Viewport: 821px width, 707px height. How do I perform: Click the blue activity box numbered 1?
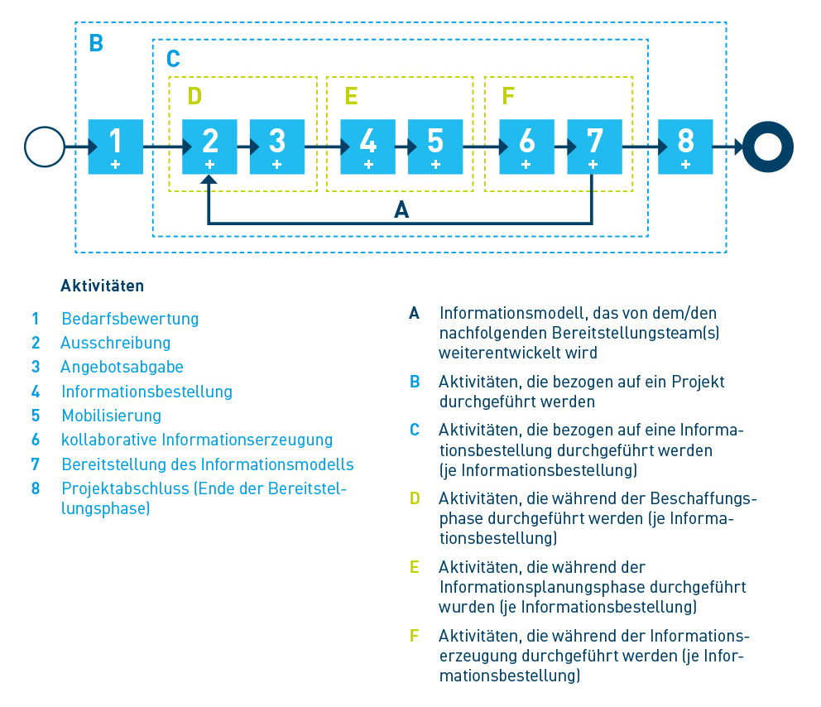click(115, 146)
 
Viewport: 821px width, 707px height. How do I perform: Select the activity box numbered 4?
click(367, 146)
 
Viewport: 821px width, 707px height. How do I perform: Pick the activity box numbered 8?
click(685, 146)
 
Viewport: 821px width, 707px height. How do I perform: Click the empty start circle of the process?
click(45, 147)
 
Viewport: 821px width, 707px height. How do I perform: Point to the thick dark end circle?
click(767, 147)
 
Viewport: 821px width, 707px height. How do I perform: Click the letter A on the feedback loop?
click(401, 210)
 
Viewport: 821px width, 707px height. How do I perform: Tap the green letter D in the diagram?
click(194, 96)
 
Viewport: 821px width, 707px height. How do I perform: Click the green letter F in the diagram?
click(507, 96)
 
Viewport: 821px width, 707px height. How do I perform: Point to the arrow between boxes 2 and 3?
click(243, 147)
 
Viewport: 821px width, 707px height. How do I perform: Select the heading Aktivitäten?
click(102, 286)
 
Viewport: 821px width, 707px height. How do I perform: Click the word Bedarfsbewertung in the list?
click(130, 319)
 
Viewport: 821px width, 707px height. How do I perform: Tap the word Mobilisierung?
click(111, 416)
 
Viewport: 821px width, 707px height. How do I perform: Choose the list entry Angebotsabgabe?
click(122, 367)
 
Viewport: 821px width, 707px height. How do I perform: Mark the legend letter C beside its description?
click(415, 430)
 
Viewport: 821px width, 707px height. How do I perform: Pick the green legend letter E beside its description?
click(414, 567)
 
